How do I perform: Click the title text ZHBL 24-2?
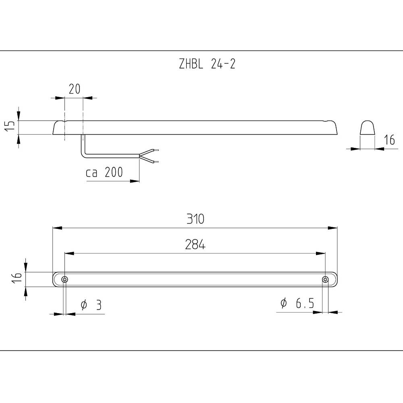coord(207,64)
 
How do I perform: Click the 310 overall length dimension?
coord(195,219)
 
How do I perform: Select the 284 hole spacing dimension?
coord(195,245)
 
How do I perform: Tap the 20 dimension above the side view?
coord(74,89)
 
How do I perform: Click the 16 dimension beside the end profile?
coord(389,140)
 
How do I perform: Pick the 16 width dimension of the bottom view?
coord(16,278)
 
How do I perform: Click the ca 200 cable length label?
coord(104,173)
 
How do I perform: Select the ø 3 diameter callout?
coord(91,305)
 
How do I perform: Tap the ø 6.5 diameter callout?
coord(297,303)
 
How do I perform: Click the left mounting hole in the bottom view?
coord(64,280)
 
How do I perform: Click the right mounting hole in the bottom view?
coord(325,280)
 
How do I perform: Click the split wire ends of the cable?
coord(150,156)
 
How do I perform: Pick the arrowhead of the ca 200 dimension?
coord(135,181)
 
